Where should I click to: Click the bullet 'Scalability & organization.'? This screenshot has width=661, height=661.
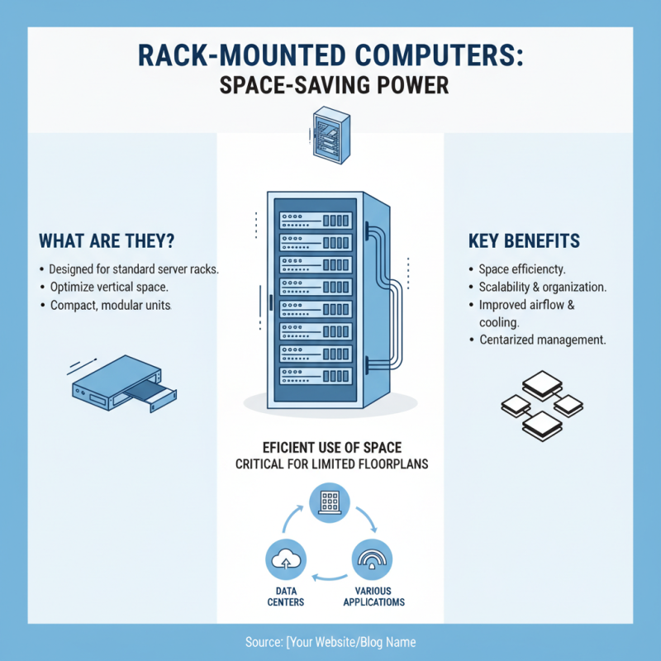click(x=542, y=288)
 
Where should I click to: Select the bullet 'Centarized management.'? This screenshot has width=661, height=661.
click(x=542, y=340)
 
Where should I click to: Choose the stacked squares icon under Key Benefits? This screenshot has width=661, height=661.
click(x=542, y=404)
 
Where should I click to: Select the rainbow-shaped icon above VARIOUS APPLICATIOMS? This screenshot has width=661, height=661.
click(x=373, y=561)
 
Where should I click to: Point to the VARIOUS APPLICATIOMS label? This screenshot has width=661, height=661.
click(x=373, y=597)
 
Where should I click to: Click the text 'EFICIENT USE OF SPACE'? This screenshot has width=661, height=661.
click(x=330, y=448)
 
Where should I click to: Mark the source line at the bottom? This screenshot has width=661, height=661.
click(x=330, y=642)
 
